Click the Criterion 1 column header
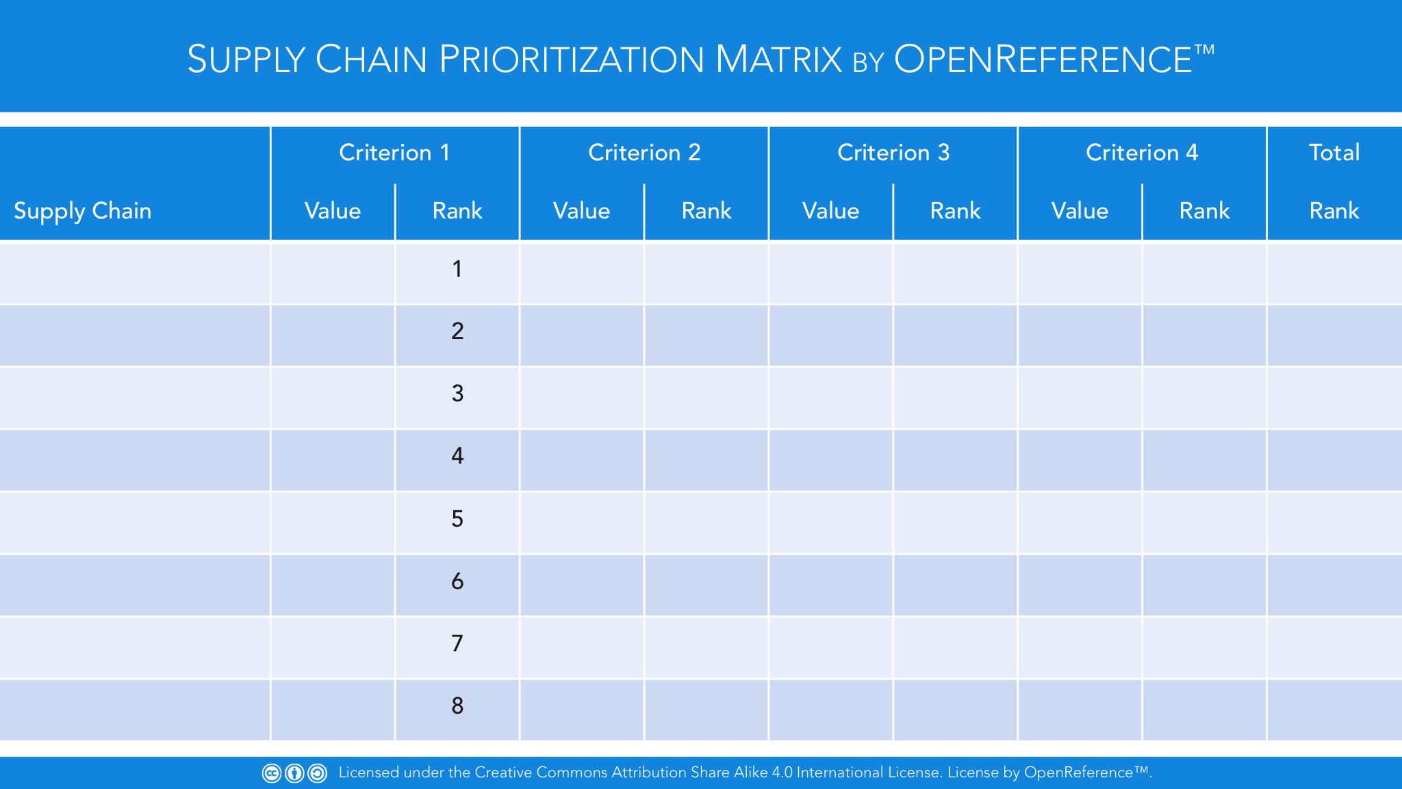(x=394, y=152)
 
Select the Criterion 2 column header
(x=644, y=152)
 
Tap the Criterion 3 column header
(x=893, y=152)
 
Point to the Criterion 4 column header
(x=1142, y=152)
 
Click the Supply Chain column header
(x=83, y=211)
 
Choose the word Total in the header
(x=1334, y=152)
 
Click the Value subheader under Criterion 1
(x=333, y=210)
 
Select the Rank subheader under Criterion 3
(x=956, y=210)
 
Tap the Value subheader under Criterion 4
(x=1080, y=210)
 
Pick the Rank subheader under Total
(x=1334, y=210)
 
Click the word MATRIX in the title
(x=778, y=59)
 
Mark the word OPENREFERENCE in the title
(x=1043, y=59)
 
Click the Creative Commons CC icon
(x=272, y=773)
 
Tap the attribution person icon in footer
(x=294, y=773)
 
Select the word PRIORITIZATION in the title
(x=572, y=59)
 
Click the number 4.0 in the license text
(x=782, y=773)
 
